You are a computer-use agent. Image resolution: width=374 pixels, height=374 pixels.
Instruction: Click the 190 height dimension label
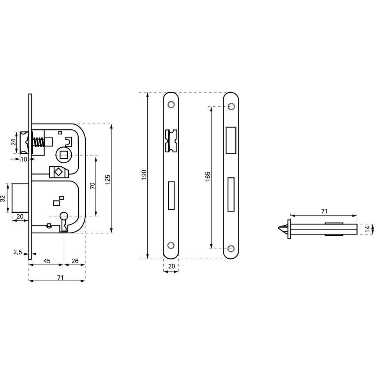point(144,175)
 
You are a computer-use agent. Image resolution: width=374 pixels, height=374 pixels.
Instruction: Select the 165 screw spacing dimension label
point(208,176)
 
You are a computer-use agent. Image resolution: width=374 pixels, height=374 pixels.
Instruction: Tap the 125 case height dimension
point(108,180)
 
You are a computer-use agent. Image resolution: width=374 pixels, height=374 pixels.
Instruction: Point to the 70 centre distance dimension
point(92,185)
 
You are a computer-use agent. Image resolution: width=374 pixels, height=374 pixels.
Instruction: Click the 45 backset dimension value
point(47,261)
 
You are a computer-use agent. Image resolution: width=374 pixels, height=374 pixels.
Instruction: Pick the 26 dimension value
point(75,261)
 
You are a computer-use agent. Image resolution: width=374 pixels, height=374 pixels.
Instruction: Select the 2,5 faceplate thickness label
point(18,252)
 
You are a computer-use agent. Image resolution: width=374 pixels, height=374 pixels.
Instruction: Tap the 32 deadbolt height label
point(3,198)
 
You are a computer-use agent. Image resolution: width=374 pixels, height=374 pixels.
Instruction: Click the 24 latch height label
point(14,142)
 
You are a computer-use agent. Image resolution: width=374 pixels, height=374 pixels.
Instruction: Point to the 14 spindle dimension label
point(367,229)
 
